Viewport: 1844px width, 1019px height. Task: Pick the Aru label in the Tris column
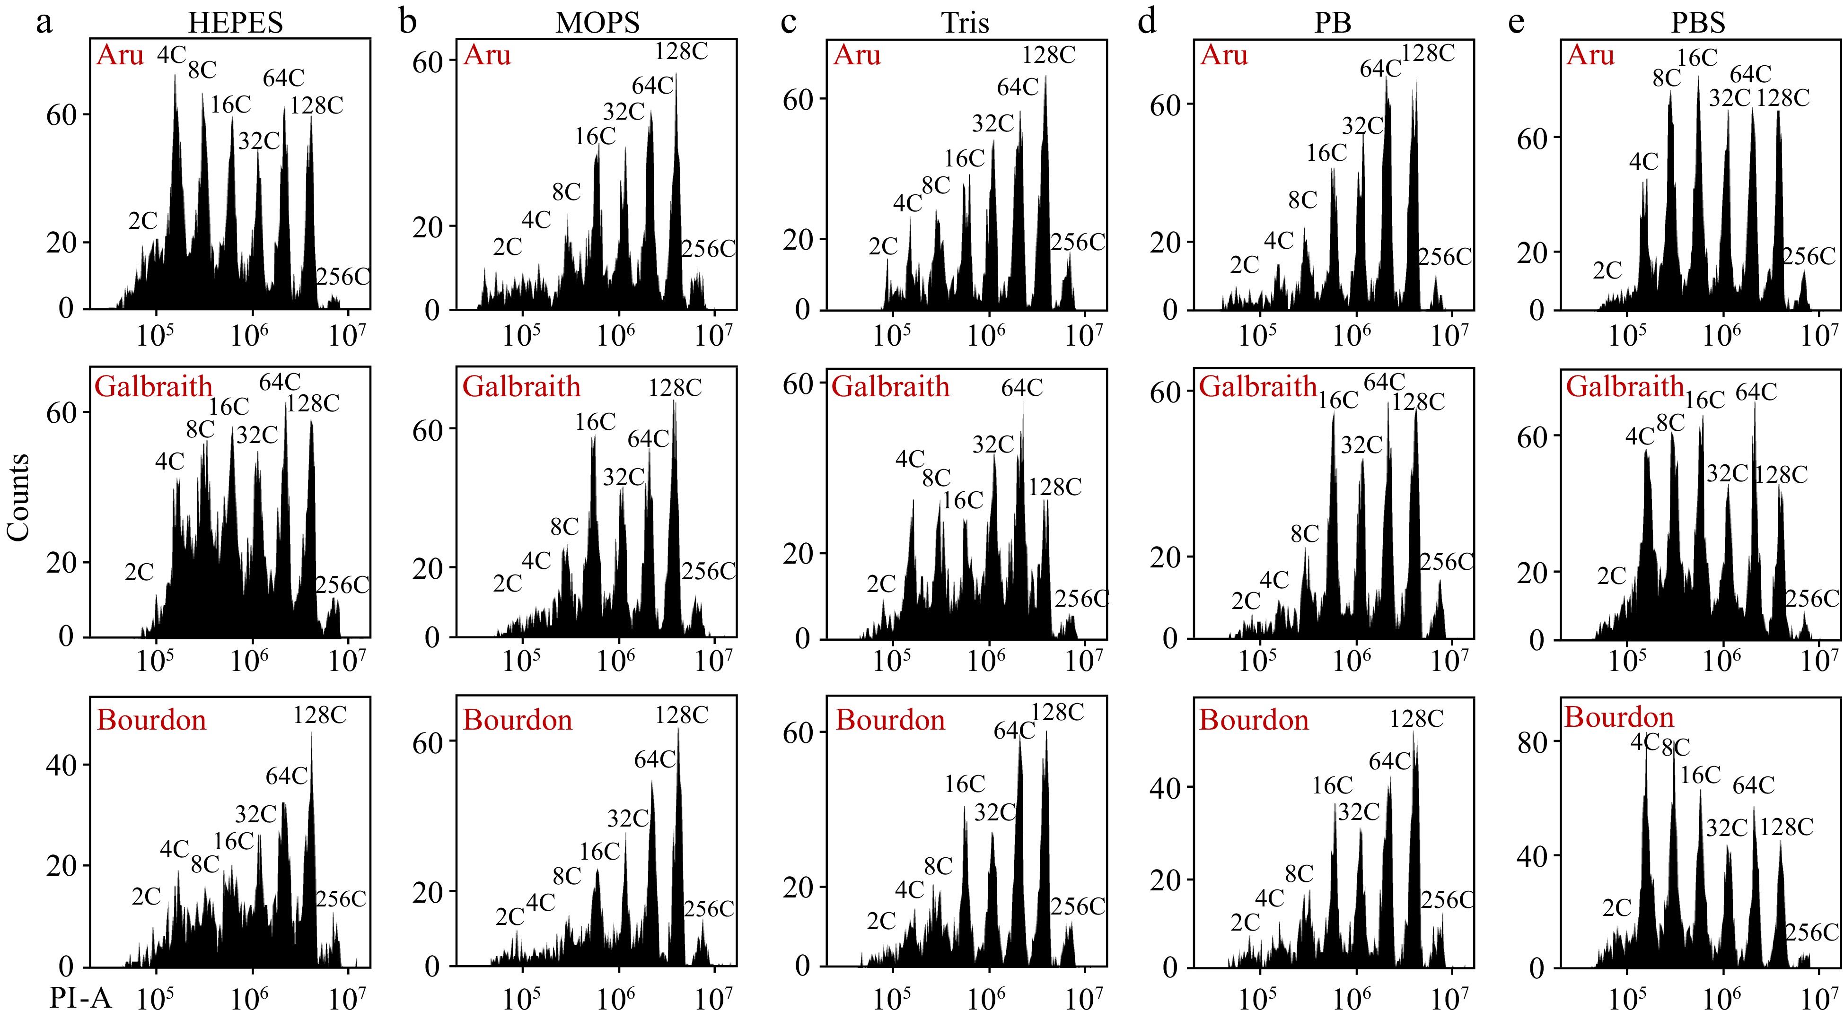click(856, 55)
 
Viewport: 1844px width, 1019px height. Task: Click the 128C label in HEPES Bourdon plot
click(319, 715)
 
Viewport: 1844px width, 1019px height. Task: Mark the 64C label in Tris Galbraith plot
click(1021, 388)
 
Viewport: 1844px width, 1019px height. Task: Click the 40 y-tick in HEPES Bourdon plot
click(61, 765)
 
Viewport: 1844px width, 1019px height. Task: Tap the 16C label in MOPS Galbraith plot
click(595, 422)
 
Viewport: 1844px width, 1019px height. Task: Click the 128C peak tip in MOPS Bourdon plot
click(679, 727)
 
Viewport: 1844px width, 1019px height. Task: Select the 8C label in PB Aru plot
click(1302, 200)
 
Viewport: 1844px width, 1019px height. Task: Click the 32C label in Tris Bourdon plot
click(995, 812)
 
